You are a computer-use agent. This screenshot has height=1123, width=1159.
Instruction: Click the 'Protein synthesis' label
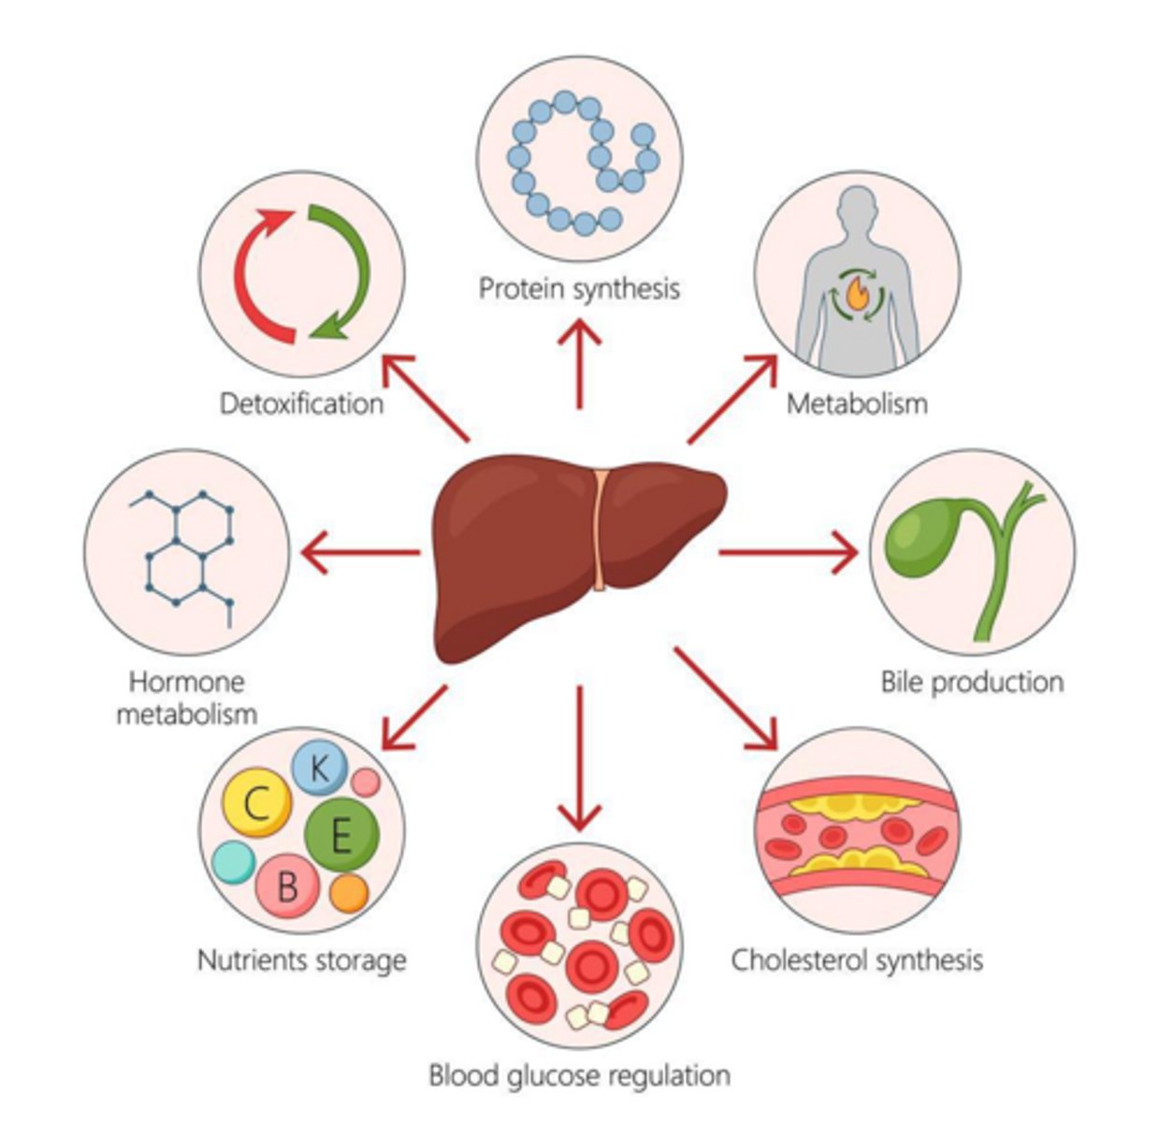pos(579,287)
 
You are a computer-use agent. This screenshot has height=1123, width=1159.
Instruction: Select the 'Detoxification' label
pos(301,403)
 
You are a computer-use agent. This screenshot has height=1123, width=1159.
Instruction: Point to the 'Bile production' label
pos(972,681)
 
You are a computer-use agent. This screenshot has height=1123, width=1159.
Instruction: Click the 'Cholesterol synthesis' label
pos(857,960)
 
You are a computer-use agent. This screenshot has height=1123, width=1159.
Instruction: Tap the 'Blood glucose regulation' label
pos(579,1075)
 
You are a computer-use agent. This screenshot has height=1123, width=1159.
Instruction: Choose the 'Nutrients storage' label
pos(301,960)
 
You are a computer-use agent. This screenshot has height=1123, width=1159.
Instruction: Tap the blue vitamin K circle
pos(319,768)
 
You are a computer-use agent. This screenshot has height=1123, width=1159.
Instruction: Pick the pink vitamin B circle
pos(287,884)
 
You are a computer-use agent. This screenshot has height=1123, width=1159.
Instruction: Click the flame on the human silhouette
pos(856,295)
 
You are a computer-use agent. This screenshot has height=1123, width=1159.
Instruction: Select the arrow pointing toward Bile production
pos(786,552)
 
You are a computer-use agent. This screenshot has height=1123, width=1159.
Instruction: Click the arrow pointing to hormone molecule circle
pos(360,552)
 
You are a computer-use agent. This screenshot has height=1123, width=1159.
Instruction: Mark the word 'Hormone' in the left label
pos(186,681)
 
